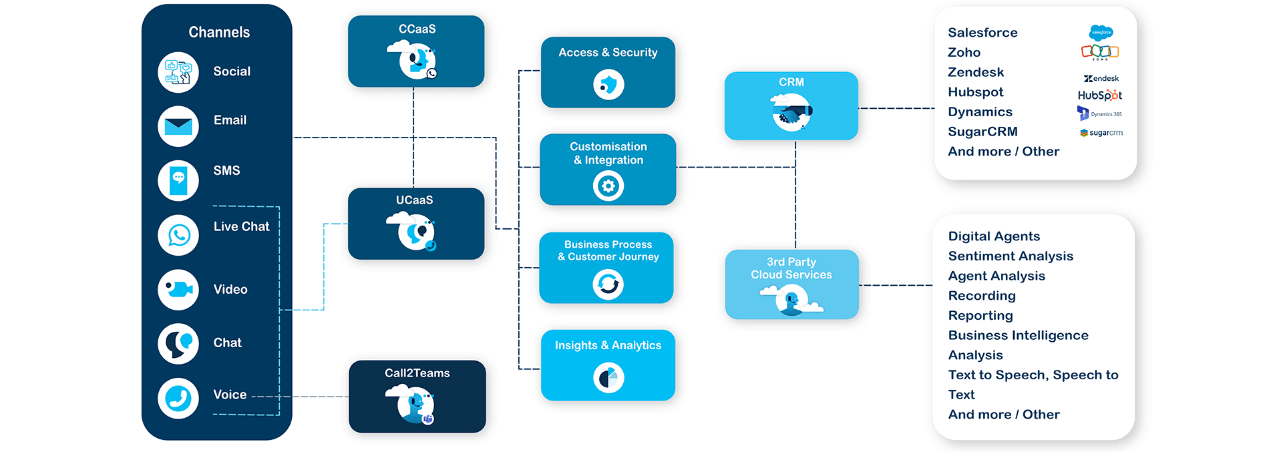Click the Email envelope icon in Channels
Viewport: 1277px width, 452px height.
pos(178,126)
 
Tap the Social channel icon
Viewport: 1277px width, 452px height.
pos(178,72)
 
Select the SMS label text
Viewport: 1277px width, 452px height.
pos(226,171)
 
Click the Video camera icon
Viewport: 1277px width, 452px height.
pos(178,290)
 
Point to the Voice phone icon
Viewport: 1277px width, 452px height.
pos(178,399)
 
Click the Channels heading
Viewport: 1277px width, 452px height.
pos(219,32)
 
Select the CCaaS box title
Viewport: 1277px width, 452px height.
pos(417,29)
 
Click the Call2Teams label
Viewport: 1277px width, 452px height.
pos(417,373)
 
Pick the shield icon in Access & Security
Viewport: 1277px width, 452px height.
pos(608,85)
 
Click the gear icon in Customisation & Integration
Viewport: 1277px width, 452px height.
pos(608,186)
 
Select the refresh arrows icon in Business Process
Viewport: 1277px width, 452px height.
pos(608,284)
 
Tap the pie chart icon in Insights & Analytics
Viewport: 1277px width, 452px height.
pos(608,379)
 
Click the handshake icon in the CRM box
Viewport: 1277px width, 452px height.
pos(791,113)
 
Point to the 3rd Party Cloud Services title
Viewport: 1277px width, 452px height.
pos(791,268)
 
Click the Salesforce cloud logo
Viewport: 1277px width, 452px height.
pos(1101,32)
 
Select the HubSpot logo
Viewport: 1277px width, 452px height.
pos(1100,95)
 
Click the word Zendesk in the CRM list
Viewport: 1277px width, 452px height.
pos(976,72)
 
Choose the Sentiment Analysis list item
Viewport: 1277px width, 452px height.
pos(1011,256)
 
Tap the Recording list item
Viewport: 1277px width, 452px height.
pos(982,296)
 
